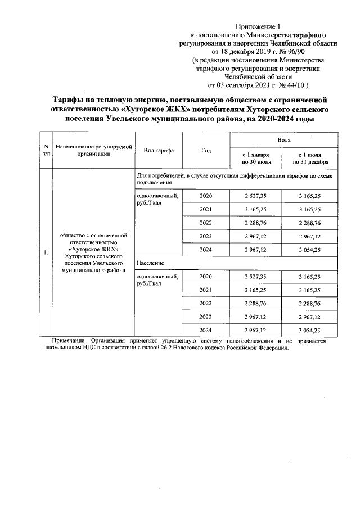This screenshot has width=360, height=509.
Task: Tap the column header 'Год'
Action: [206, 150]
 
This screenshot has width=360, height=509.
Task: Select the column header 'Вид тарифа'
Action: [159, 151]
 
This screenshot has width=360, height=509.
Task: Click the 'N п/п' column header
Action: [46, 151]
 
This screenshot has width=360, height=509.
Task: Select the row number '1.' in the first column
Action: [46, 253]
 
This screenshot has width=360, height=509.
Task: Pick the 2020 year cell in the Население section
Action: [206, 277]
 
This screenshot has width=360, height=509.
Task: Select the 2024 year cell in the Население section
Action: [206, 330]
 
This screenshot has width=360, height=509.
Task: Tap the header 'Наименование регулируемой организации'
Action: [93, 150]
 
